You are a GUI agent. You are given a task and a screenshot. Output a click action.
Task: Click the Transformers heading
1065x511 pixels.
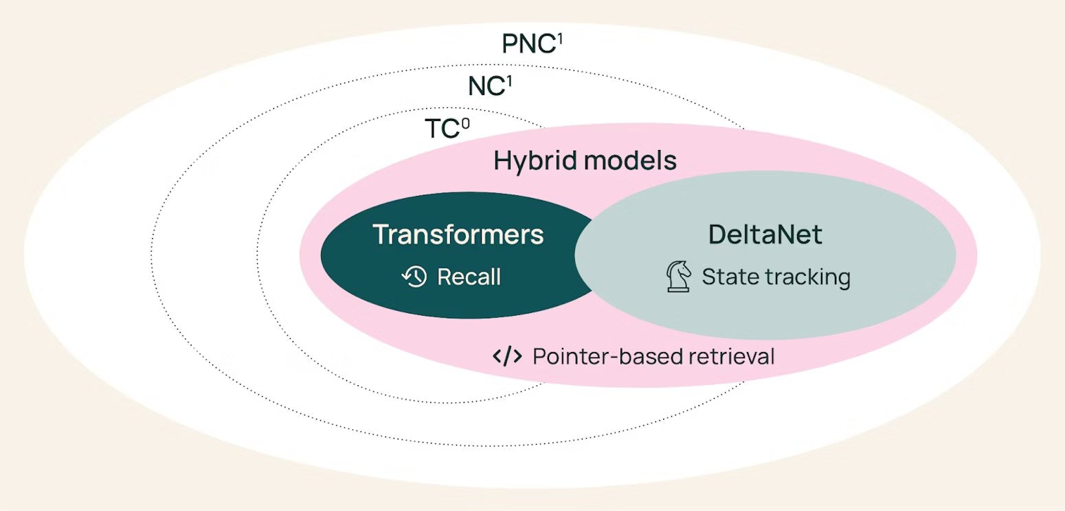tap(458, 235)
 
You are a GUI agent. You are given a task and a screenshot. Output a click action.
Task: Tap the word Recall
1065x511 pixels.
tap(469, 278)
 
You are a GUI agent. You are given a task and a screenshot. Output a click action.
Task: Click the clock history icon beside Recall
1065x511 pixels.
tap(414, 277)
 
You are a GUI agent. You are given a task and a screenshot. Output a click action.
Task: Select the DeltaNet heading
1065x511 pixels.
tap(765, 235)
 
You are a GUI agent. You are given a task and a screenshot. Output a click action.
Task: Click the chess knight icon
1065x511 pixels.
tap(679, 277)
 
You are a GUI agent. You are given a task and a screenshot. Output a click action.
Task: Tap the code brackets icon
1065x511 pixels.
tap(506, 356)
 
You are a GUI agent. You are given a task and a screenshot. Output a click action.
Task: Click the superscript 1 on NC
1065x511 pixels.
tap(509, 80)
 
